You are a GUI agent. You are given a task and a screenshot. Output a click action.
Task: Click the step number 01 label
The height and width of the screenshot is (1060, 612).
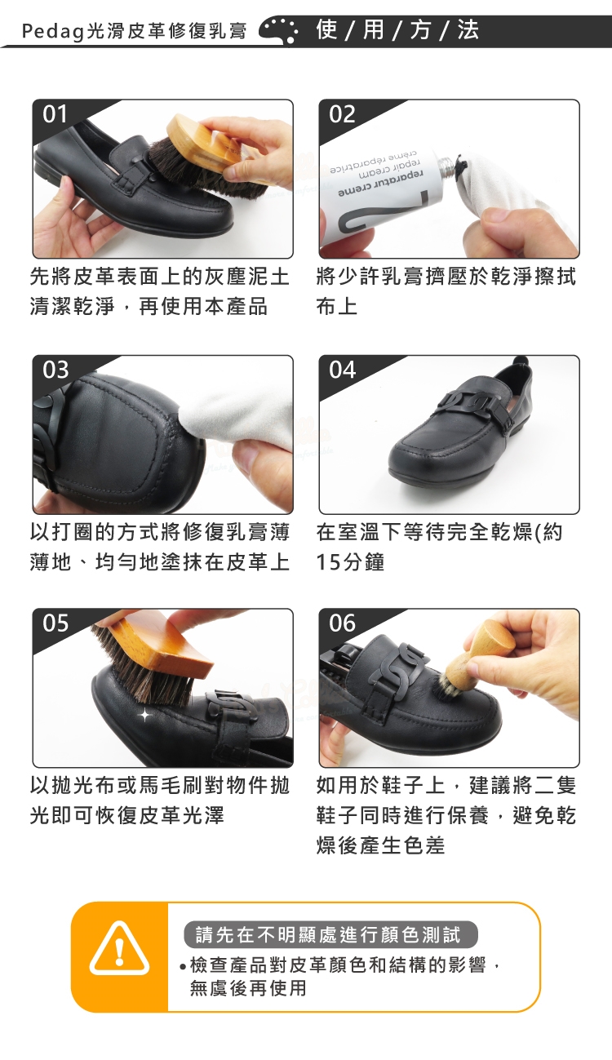coord(55,114)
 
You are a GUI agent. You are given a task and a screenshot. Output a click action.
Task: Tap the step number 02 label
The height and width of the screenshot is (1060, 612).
coord(342,114)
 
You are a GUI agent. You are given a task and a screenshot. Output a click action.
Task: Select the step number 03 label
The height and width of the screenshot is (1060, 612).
coord(55,370)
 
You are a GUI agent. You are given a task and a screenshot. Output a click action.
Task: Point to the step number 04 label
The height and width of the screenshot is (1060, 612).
coord(342,370)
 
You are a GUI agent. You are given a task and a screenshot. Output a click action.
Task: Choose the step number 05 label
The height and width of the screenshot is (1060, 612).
coord(55,623)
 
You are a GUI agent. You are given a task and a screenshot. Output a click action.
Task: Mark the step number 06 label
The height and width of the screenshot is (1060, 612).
coord(342,623)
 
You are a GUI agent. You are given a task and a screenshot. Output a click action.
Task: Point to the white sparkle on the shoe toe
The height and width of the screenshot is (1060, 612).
coord(144,715)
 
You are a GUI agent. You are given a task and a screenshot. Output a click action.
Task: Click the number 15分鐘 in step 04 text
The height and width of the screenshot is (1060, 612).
coord(350,562)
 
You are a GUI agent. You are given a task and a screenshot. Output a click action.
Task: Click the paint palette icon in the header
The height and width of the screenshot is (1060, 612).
coord(279,30)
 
